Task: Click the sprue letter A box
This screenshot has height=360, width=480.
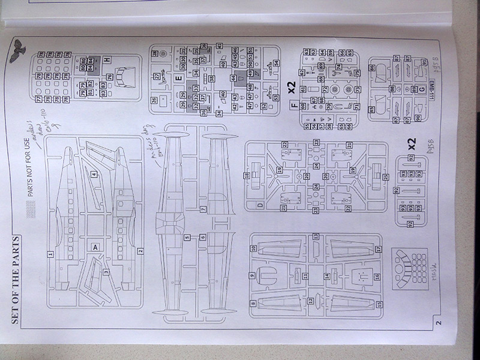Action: (94, 247)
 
